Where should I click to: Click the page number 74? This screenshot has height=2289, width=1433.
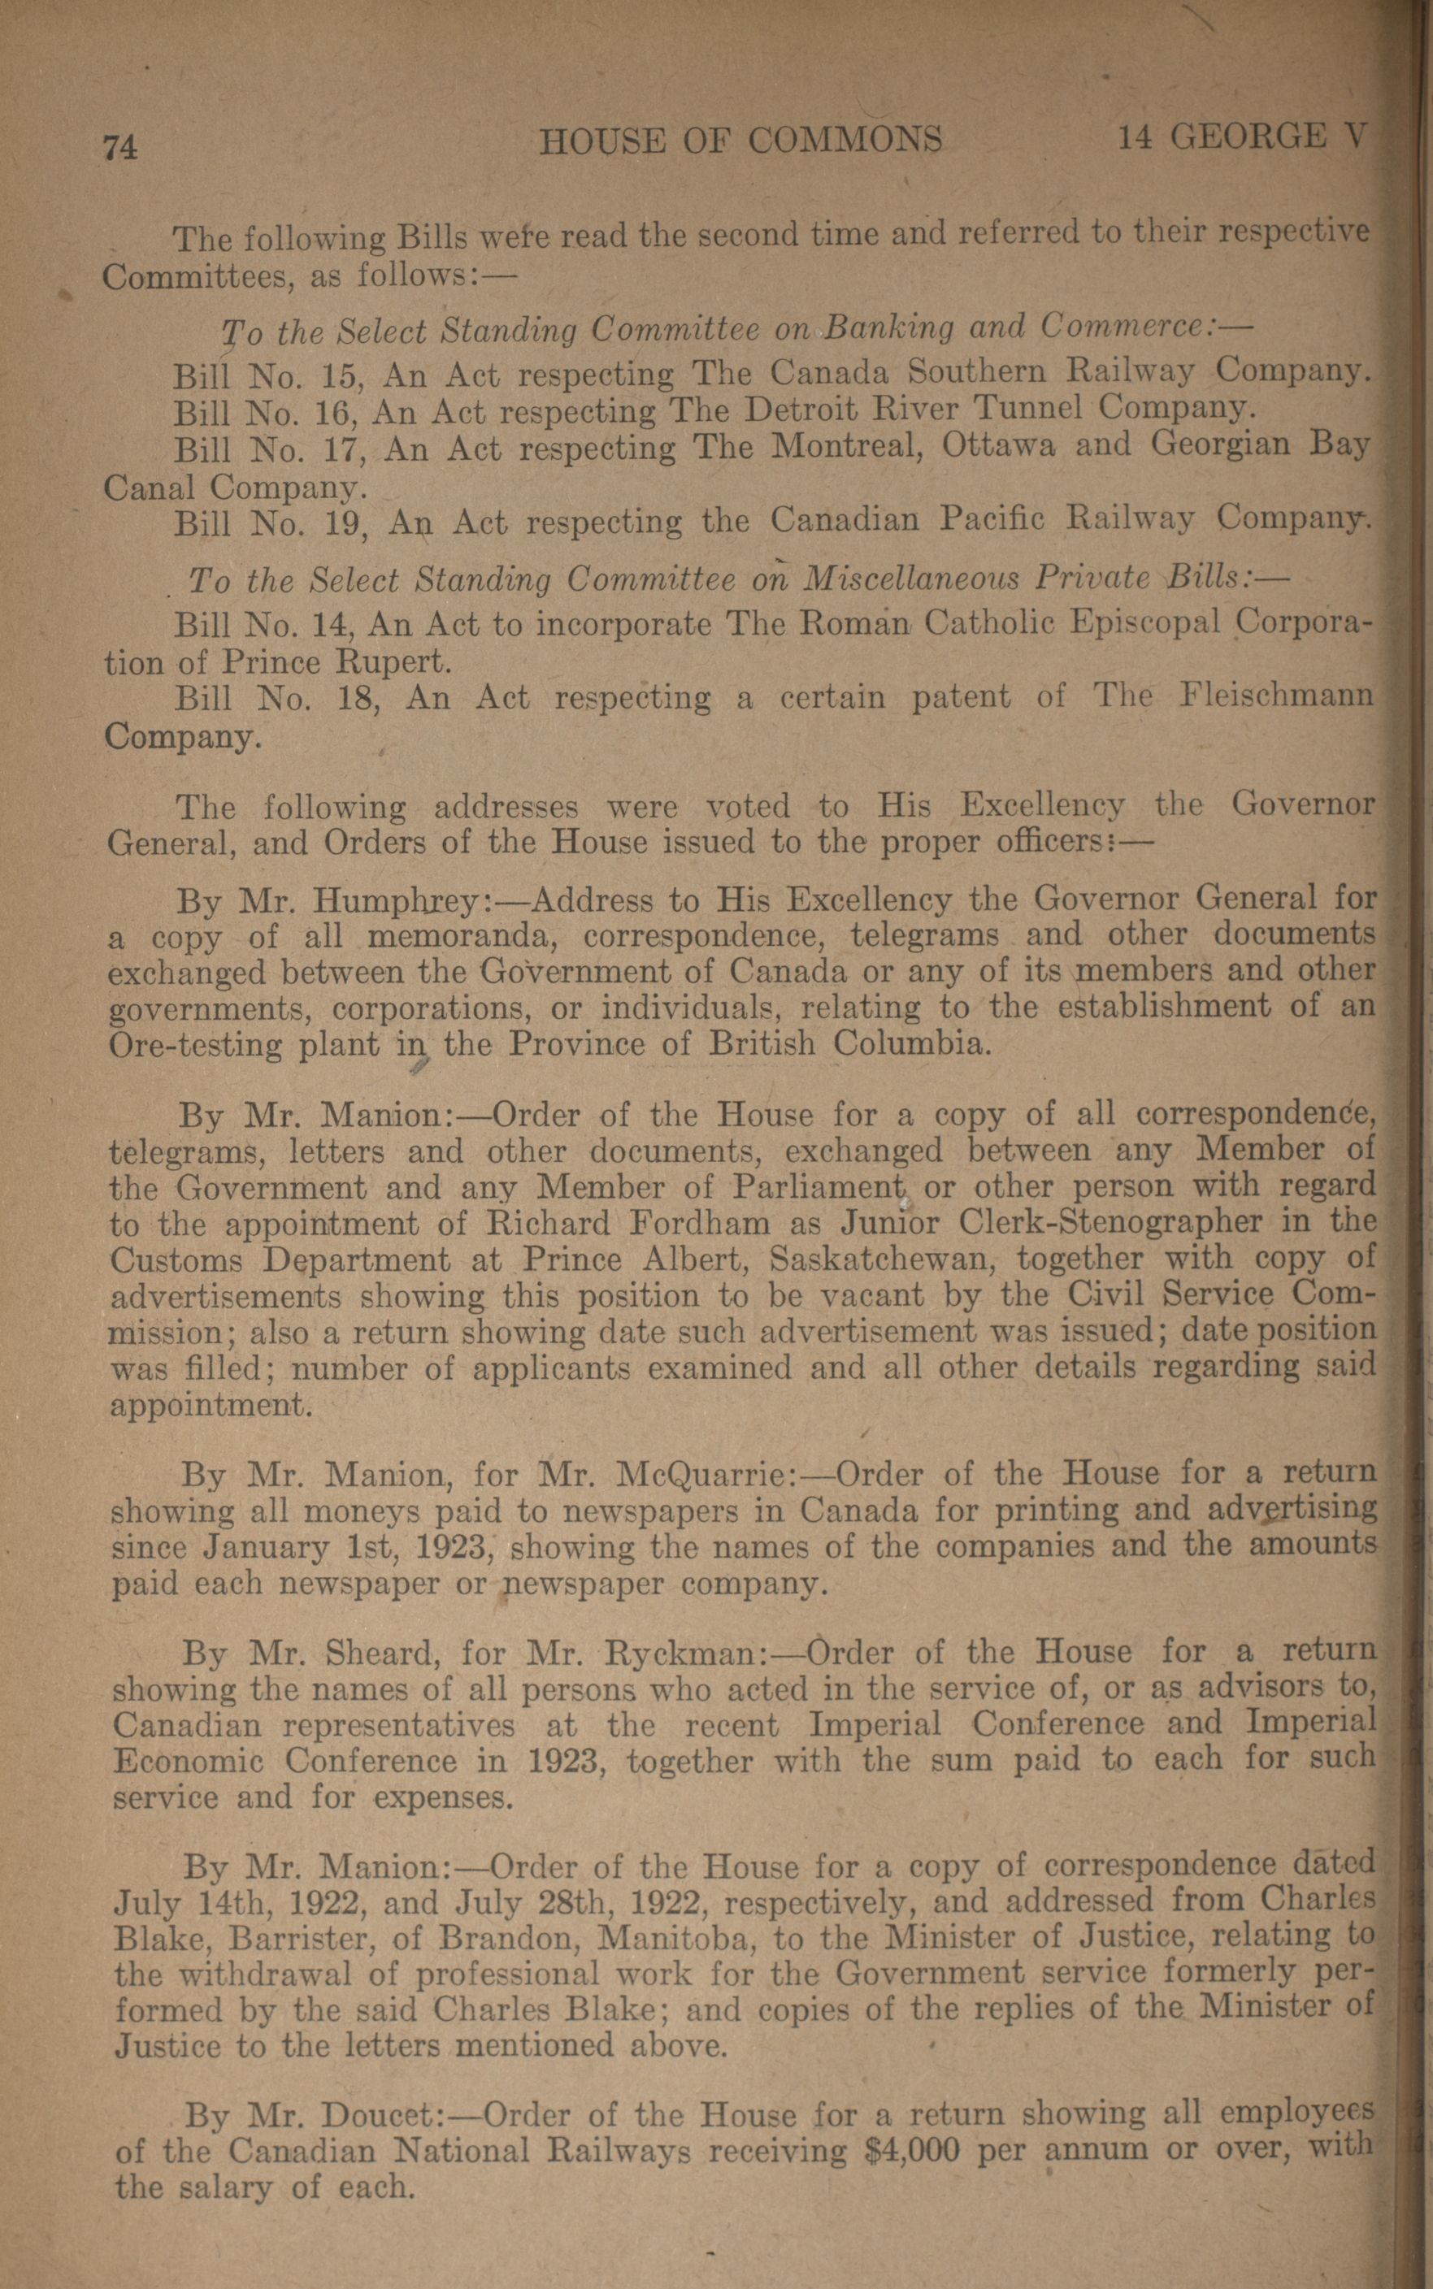120,148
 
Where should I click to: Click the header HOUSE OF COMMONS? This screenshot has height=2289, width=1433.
740,141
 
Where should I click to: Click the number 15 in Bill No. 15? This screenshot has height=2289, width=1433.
336,375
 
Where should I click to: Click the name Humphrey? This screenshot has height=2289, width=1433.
398,900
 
